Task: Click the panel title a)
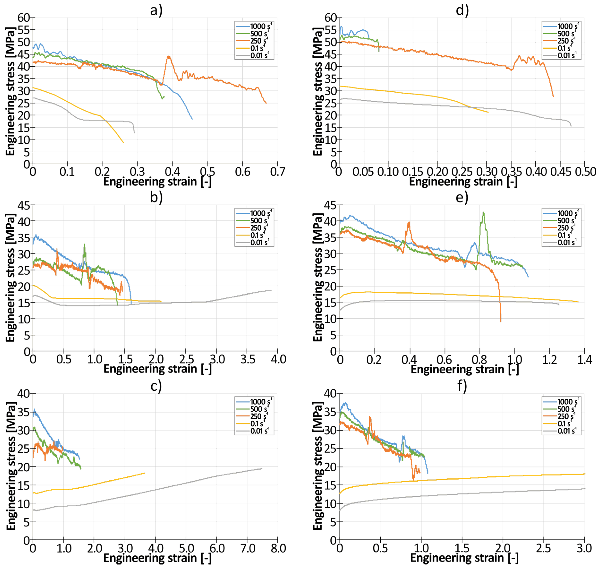(x=156, y=10)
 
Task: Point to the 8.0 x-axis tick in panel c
(x=278, y=548)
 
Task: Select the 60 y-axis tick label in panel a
(x=24, y=18)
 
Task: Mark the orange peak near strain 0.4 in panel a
(x=168, y=56)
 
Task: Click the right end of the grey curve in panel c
(x=262, y=469)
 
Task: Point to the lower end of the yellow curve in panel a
(x=123, y=143)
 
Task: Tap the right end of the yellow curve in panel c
(x=145, y=473)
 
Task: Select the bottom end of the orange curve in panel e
(x=501, y=322)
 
